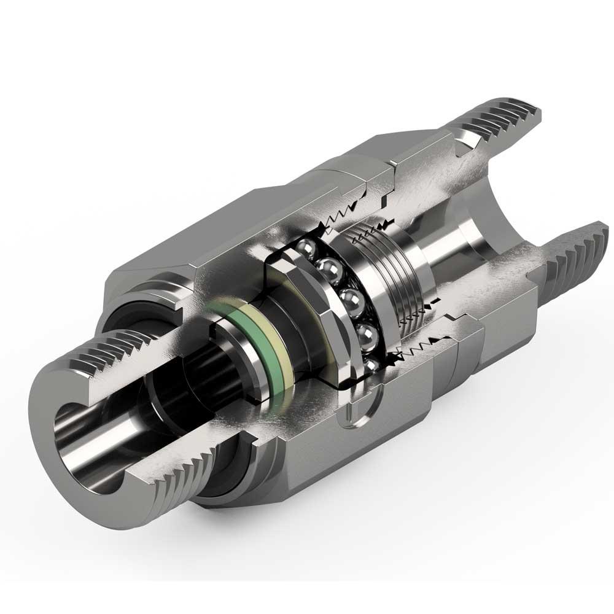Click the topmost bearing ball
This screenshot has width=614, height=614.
[x=305, y=249]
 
